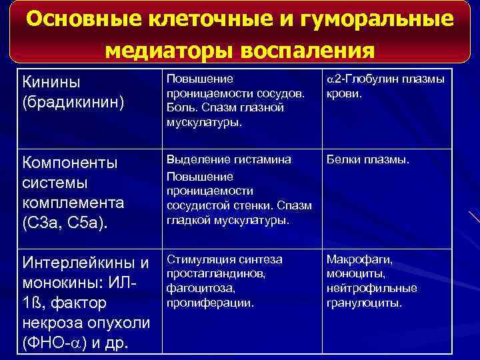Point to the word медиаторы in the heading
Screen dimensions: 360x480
click(x=165, y=51)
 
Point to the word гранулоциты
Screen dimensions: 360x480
click(x=364, y=303)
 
